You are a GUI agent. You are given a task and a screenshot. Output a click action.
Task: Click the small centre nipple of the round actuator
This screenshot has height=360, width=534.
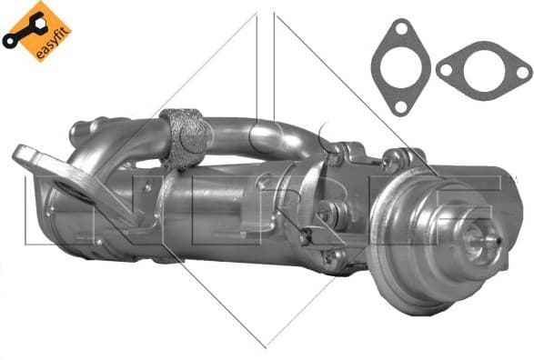tap(474, 238)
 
